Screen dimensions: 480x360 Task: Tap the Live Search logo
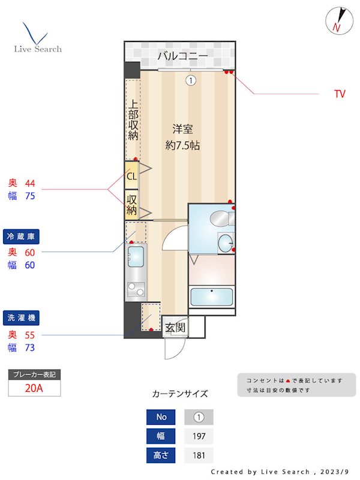point(37,38)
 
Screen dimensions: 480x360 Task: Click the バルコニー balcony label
point(183,57)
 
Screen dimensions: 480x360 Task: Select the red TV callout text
point(340,94)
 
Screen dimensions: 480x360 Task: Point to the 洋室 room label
point(183,128)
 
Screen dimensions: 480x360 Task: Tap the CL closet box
point(131,176)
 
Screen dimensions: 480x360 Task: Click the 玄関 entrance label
point(175,328)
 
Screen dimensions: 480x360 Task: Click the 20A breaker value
point(34,388)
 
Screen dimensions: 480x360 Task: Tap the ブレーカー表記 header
point(34,374)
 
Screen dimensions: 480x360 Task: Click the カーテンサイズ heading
point(180,394)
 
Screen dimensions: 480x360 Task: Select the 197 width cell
point(199,436)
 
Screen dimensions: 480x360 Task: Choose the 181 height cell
point(199,455)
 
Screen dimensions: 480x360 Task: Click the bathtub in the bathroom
point(211,297)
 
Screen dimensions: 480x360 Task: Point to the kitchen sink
point(136,257)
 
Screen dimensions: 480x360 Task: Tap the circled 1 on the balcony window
point(191,80)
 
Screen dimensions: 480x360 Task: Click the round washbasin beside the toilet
point(226,243)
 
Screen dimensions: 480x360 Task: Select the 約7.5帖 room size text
point(183,145)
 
